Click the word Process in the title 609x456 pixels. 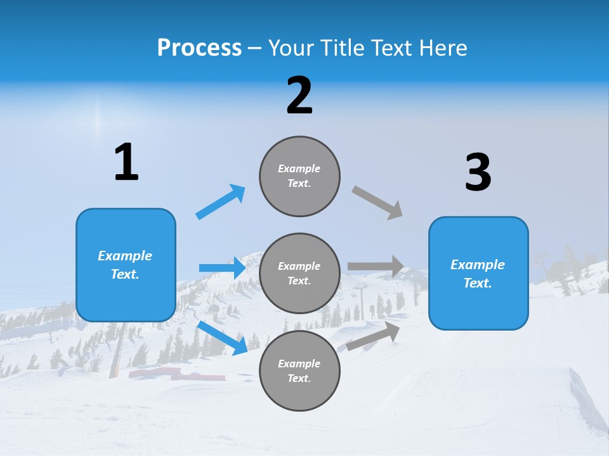click(x=199, y=48)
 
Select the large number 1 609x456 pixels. click(x=126, y=163)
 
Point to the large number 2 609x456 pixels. click(x=299, y=96)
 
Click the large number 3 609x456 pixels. click(x=478, y=173)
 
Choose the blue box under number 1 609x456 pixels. click(x=126, y=265)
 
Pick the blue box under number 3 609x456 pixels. click(x=478, y=274)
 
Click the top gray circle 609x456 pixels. click(x=299, y=176)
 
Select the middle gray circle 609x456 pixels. click(x=299, y=274)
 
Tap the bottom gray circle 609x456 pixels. click(x=299, y=371)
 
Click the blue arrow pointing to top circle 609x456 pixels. click(x=221, y=201)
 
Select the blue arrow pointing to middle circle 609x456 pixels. click(x=223, y=268)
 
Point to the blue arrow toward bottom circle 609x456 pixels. click(x=223, y=338)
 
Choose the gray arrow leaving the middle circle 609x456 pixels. click(x=376, y=267)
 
